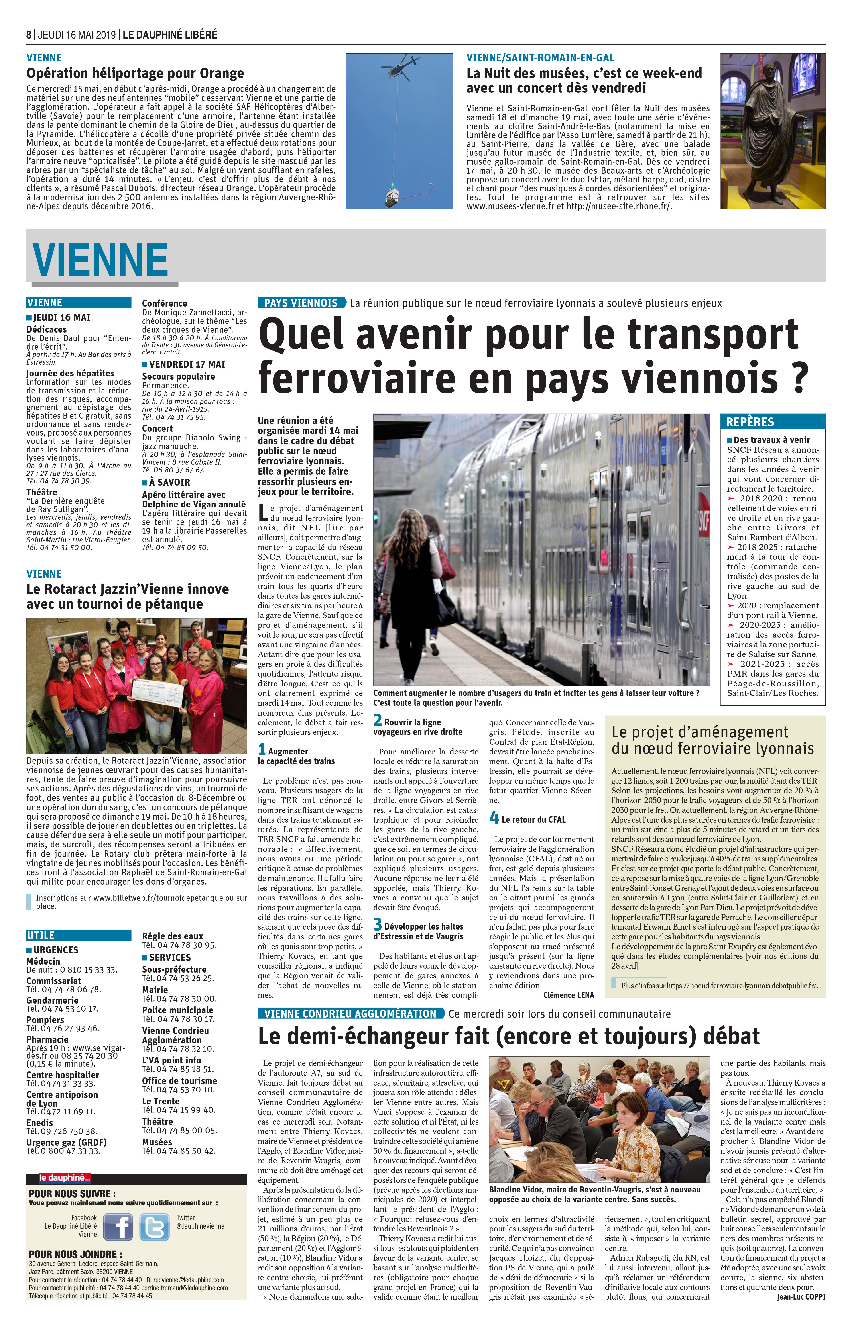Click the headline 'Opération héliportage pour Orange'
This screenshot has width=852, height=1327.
(x=135, y=73)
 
